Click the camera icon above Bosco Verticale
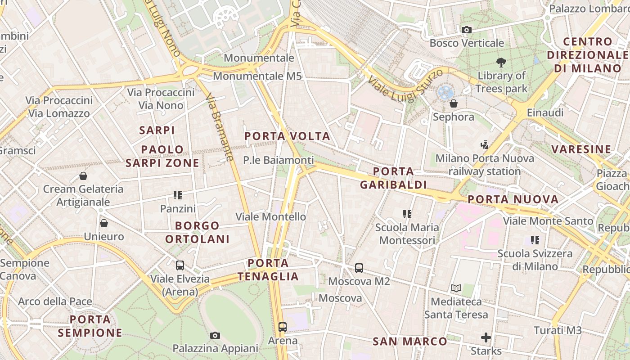[x=467, y=30]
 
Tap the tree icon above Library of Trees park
[x=501, y=63]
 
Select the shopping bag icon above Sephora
[x=454, y=103]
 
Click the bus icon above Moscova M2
[x=359, y=268]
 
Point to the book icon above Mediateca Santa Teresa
[x=456, y=288]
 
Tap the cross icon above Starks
[x=486, y=337]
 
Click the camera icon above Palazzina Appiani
[x=215, y=335]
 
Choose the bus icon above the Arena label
[x=283, y=327]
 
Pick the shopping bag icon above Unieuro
[x=104, y=223]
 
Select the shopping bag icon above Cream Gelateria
[x=83, y=175]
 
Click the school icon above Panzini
[x=178, y=195]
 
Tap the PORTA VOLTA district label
[x=287, y=136]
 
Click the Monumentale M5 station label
[x=257, y=76]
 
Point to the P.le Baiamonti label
[x=278, y=160]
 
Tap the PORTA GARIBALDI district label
[x=393, y=178]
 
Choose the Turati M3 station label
[x=558, y=330]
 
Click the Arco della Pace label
[x=55, y=301]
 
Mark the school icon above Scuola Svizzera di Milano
[x=535, y=240]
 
